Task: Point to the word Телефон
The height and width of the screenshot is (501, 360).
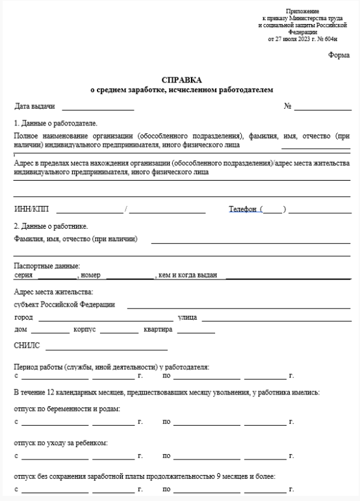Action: coord(243,209)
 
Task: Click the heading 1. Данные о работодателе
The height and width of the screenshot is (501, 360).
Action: coord(55,123)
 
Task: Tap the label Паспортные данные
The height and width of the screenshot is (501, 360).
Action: coord(47,266)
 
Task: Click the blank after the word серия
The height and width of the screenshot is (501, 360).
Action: coord(55,276)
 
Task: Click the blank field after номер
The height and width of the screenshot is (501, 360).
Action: coord(129,276)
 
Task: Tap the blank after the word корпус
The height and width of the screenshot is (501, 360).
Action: coord(120,331)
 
